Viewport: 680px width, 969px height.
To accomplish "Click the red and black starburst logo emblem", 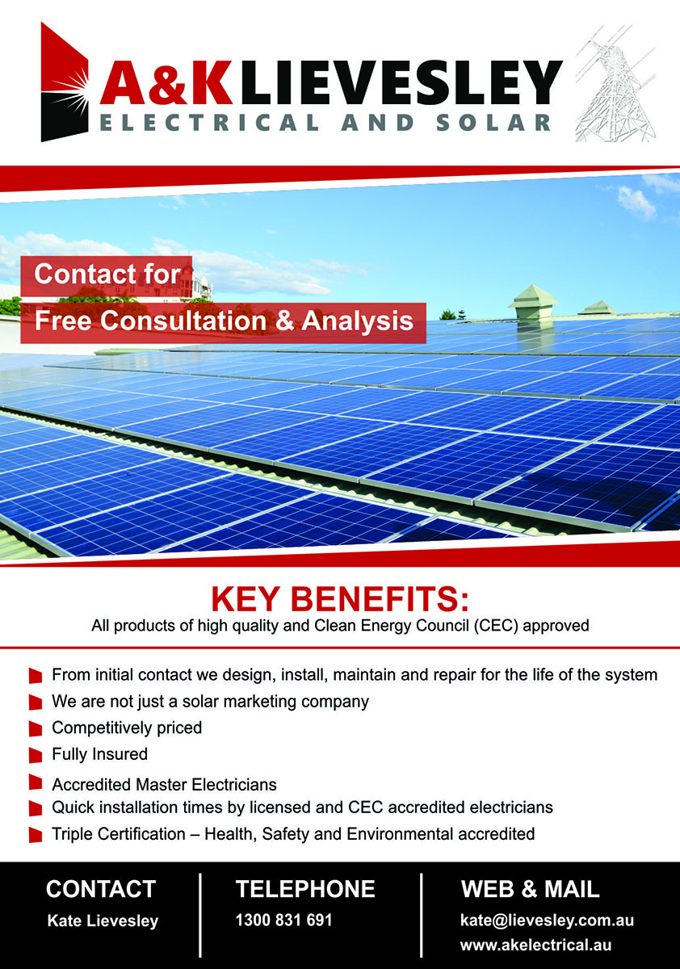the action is point(65,82).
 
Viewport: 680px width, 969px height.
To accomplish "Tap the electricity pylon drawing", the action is point(616,83).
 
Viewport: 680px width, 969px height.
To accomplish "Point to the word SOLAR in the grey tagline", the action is point(493,123).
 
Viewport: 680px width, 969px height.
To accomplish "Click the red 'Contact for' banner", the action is point(107,275).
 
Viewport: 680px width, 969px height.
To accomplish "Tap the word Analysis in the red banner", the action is point(358,321).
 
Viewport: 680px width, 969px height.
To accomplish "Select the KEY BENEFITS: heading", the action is point(340,598).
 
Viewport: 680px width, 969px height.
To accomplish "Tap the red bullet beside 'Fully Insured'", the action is point(36,756).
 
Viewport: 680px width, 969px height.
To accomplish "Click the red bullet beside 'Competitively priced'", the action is point(36,729).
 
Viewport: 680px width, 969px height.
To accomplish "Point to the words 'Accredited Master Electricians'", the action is point(164,784).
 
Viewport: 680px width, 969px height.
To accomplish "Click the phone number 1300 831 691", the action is point(283,920).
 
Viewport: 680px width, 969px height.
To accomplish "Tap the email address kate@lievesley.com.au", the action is point(547,920).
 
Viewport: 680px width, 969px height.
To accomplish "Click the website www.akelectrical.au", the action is point(536,946).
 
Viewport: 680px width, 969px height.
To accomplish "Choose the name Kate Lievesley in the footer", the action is point(103,921).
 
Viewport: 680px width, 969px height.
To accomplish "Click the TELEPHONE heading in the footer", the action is point(305,889).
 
